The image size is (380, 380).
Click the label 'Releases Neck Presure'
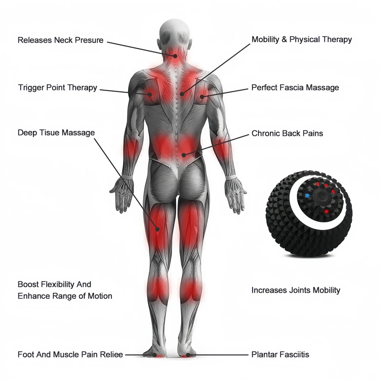pos(60,40)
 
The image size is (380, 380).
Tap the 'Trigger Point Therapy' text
pos(58,88)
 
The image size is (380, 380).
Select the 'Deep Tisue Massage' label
pos(56,133)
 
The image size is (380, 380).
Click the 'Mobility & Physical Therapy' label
pos(301,40)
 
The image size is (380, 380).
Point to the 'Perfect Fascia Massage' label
pos(295,88)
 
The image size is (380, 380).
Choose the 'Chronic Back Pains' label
pos(287,134)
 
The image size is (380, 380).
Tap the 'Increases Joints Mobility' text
pos(295,290)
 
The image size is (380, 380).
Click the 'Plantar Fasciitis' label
pos(280,354)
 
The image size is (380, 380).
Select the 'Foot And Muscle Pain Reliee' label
pos(70,354)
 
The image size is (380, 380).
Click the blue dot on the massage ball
pos(307,196)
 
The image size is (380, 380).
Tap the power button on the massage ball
pos(320,197)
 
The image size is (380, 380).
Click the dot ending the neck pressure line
pos(175,56)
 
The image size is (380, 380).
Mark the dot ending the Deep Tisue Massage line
pos(158,229)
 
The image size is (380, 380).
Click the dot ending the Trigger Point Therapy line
pos(150,95)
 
